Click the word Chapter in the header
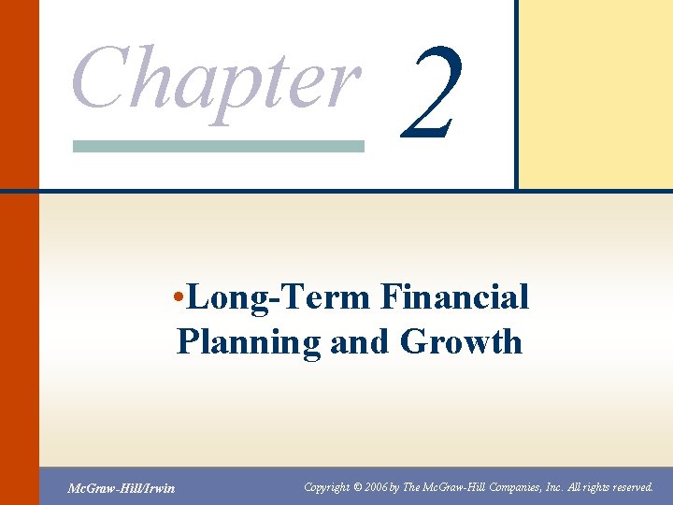pos(215,79)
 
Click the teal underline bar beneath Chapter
pos(218,147)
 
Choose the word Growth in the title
pos(461,342)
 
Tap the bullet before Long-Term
pos(179,298)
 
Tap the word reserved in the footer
pos(629,486)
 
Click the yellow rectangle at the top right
pos(595,94)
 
